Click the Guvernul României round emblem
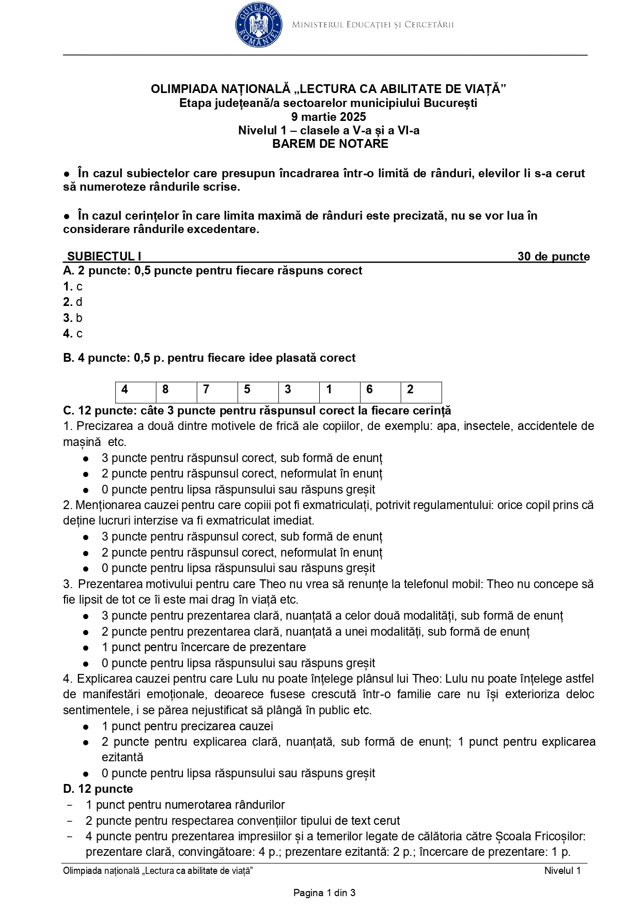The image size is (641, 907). tap(258, 25)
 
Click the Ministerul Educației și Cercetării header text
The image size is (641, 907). tap(372, 25)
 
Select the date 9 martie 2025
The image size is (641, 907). tap(329, 117)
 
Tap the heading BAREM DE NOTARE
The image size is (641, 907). tap(330, 144)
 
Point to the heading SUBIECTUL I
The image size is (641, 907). tap(104, 256)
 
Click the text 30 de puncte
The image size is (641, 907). tap(553, 256)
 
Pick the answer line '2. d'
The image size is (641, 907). tap(73, 302)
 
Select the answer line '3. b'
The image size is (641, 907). tap(73, 318)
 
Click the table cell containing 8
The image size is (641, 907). tap(176, 390)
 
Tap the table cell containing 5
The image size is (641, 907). tap(258, 390)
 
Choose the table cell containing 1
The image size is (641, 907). tap(339, 390)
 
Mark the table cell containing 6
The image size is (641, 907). tap(380, 390)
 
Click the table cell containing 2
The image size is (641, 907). tap(421, 390)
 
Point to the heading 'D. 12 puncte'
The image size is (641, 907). tap(98, 789)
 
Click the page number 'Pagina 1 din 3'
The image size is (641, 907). tap(324, 893)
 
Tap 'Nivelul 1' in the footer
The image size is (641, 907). tap(562, 871)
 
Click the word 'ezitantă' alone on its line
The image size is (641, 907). tap(122, 757)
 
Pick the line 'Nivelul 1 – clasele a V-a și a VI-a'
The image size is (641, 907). tap(329, 131)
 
